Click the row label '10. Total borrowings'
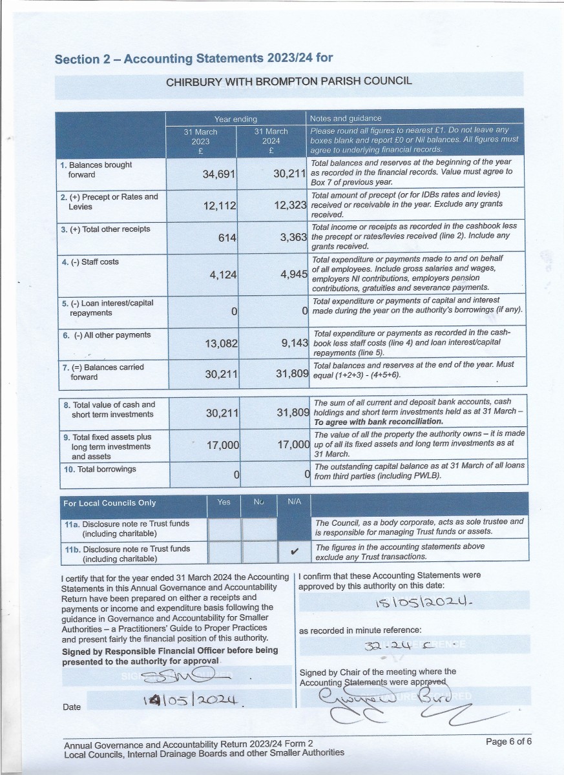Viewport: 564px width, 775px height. pyautogui.click(x=99, y=469)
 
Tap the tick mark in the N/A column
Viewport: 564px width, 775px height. pyautogui.click(x=294, y=552)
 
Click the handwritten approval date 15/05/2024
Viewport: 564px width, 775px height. pyautogui.click(x=412, y=603)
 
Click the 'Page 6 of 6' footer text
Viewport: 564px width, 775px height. pyautogui.click(x=508, y=741)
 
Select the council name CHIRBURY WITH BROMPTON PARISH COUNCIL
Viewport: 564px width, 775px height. pyautogui.click(x=289, y=82)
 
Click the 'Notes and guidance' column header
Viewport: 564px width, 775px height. pyautogui.click(x=346, y=118)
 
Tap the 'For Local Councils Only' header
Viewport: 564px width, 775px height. pyautogui.click(x=110, y=503)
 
